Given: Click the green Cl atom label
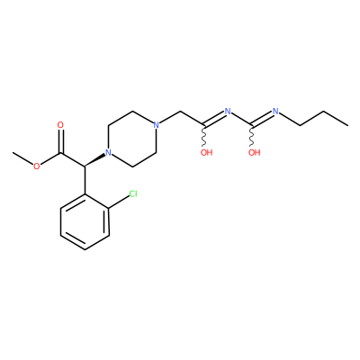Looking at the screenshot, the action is (x=133, y=193).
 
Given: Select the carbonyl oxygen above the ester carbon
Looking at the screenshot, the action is (x=60, y=125).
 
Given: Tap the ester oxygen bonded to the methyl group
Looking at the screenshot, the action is (x=36, y=166).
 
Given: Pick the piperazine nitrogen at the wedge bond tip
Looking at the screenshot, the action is (x=108, y=152).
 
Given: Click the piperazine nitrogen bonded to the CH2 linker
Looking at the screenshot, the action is (x=156, y=125).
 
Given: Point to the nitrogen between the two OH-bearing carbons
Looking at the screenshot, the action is (x=228, y=112).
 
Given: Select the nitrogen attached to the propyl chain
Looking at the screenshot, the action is (x=275, y=111).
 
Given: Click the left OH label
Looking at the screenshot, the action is (x=206, y=152).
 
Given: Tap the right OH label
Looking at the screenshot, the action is (x=255, y=152).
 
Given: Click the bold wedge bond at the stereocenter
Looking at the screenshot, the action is (x=95, y=160).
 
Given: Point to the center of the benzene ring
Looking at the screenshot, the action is (x=85, y=222).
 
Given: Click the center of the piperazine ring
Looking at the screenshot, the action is (x=132, y=139).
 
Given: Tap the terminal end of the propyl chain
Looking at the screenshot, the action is (x=348, y=125).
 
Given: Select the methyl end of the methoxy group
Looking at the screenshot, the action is (x=13, y=153).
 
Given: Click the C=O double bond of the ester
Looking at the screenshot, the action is (x=61, y=141).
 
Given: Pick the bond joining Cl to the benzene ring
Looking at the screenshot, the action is (x=119, y=201).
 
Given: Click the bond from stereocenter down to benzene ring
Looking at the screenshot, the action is (x=85, y=180).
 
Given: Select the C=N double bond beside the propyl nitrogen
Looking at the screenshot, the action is (x=263, y=118).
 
